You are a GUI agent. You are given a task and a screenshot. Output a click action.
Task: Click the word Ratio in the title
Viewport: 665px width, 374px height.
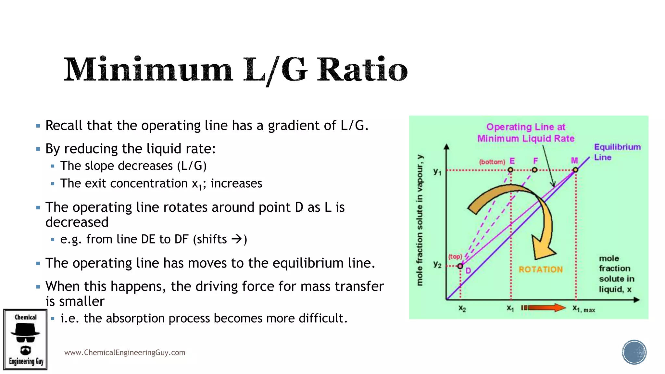pos(362,69)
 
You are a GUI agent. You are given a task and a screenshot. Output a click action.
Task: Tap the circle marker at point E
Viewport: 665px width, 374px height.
pos(510,170)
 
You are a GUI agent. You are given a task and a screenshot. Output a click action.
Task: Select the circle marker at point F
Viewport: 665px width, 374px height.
pos(534,170)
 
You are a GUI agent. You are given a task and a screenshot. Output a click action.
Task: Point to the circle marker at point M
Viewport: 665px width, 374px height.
pos(575,170)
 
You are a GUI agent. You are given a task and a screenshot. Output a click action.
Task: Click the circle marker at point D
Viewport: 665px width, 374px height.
pos(460,266)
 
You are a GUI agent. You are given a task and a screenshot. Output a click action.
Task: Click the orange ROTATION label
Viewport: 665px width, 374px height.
pos(541,269)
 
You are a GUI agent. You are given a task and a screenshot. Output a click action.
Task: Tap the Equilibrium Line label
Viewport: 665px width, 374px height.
pos(617,152)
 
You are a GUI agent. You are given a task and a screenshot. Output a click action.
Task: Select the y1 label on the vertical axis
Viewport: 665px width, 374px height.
pos(437,171)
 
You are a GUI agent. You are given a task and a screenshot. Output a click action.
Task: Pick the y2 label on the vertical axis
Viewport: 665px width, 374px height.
pos(437,265)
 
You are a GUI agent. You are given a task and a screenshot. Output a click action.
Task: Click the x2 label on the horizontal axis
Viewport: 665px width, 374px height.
pos(462,308)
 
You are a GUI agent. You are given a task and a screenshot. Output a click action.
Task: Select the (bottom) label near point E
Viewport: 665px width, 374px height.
pos(492,162)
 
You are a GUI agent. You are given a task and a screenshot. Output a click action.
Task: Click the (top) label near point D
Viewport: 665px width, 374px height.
pos(455,256)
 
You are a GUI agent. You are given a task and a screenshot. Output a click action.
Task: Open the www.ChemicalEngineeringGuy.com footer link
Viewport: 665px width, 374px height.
pos(125,353)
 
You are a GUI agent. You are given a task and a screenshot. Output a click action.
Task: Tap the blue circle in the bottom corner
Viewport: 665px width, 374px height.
pos(634,352)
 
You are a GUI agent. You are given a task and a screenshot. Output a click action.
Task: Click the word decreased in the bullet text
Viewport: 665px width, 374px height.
pos(77,222)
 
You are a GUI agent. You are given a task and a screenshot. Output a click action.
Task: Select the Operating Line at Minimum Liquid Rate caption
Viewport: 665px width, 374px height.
pos(526,133)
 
